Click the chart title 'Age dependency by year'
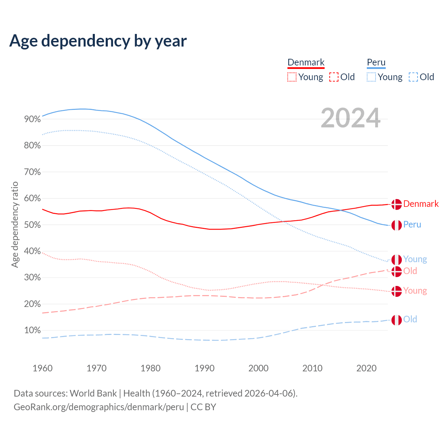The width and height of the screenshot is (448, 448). coord(98,41)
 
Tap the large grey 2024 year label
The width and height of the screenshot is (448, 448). coord(350,118)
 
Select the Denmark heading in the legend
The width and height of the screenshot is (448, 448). coord(306,62)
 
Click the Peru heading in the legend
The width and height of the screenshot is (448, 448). coord(376,62)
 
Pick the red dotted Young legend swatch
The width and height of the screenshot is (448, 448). coord(292,77)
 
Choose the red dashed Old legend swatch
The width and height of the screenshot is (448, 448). coord(334,77)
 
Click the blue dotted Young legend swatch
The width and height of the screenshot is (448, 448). coord(371,77)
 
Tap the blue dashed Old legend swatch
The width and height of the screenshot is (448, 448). coord(413,77)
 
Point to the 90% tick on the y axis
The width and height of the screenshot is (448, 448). coord(33,119)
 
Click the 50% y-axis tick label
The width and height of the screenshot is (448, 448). coord(33,225)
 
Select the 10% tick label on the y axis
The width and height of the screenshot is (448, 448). coord(33,330)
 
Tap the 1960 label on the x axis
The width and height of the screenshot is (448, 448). coord(42,368)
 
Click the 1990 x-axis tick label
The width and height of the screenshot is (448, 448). coord(204,368)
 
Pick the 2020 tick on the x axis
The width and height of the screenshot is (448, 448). coord(366,368)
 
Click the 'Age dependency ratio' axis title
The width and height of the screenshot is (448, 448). coord(15,224)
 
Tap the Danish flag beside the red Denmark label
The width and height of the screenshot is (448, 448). coord(397,204)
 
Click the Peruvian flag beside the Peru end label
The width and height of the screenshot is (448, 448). coord(397,225)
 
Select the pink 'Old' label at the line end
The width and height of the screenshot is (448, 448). coord(410,271)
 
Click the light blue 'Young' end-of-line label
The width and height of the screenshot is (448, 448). coord(415,259)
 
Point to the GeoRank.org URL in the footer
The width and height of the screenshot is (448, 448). coord(99,407)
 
